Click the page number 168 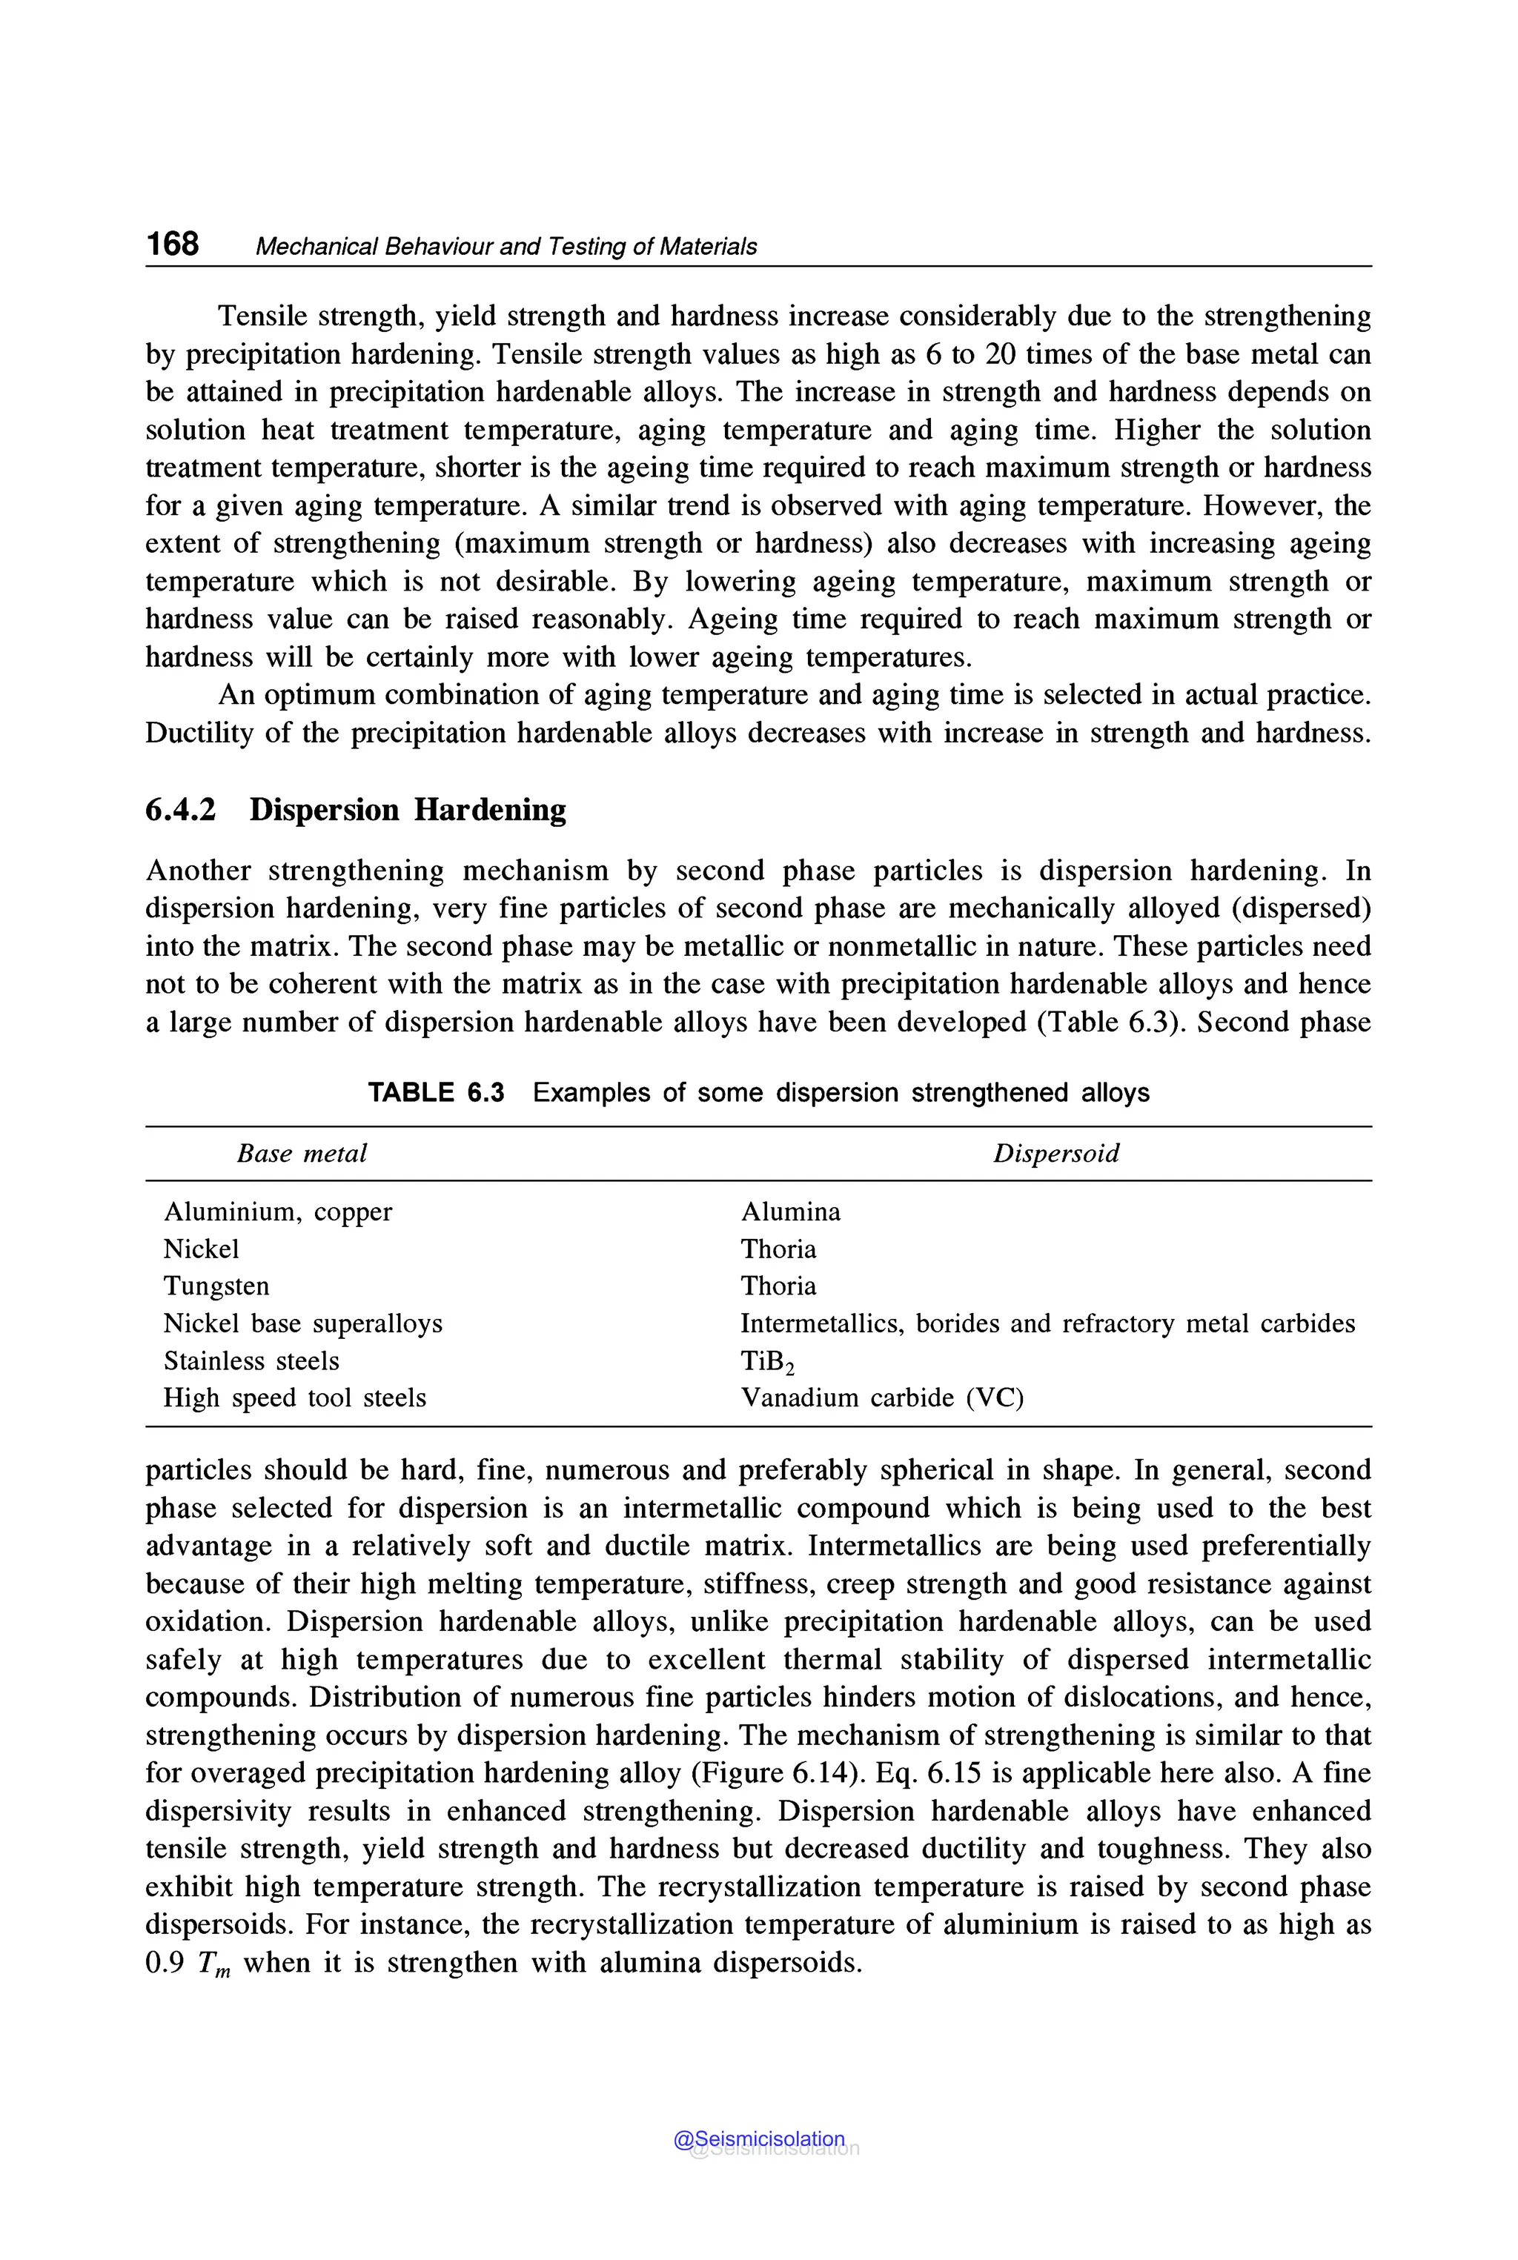(x=172, y=243)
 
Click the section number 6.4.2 (x=180, y=809)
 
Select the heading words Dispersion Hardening (x=408, y=809)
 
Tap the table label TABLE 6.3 (x=436, y=1093)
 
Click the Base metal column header (x=302, y=1153)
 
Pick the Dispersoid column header (x=1055, y=1153)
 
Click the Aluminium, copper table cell (x=278, y=1212)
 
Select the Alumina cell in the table (x=790, y=1212)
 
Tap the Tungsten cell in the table (x=216, y=1286)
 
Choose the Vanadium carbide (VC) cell (x=881, y=1398)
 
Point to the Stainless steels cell (x=251, y=1361)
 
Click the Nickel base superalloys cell (x=302, y=1323)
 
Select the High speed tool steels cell (x=294, y=1398)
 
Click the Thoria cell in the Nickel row (x=778, y=1249)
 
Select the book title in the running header (x=506, y=247)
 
